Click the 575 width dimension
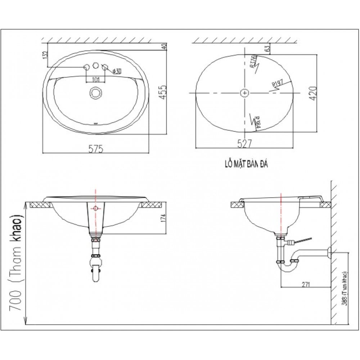tap(96, 148)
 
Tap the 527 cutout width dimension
tap(244, 144)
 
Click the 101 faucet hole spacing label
tap(96, 79)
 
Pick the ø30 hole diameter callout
tap(116, 71)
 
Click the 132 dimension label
tap(45, 55)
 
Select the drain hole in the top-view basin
tap(96, 93)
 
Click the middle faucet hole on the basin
tap(96, 66)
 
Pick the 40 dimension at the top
tap(164, 47)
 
